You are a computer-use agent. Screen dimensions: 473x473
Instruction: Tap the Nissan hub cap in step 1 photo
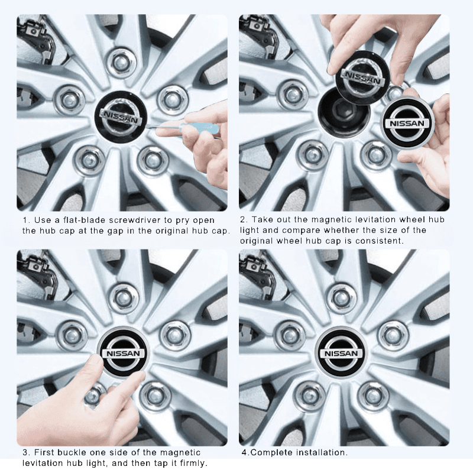coord(122,116)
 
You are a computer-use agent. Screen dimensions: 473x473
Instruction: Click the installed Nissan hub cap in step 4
coord(342,353)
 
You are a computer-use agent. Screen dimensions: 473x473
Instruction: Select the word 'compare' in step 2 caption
coord(306,231)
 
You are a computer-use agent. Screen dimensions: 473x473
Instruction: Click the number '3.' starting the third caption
coord(26,453)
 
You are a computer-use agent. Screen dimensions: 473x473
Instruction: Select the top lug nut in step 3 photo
coord(124,297)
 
